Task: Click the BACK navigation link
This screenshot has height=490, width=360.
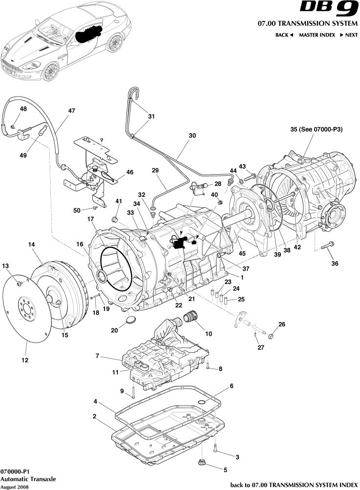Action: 284,35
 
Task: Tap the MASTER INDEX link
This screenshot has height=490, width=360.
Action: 317,35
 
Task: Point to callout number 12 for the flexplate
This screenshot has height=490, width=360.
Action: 24,360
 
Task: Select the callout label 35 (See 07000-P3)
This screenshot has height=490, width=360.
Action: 316,130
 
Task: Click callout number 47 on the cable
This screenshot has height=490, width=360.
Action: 72,111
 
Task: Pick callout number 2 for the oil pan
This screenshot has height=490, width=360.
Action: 94,417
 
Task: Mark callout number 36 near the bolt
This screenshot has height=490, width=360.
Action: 335,264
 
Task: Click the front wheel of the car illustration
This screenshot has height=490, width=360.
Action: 50,71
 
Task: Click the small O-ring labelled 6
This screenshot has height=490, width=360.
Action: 201,402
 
